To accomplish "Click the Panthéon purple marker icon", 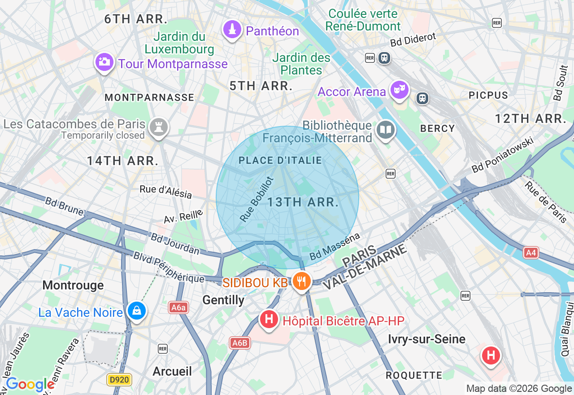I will [x=232, y=30].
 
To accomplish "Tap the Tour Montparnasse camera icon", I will [x=104, y=62].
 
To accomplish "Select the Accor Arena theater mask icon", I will [x=399, y=90].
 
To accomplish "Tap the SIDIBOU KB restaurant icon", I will [x=302, y=281].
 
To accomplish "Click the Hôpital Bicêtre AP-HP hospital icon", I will [x=269, y=319].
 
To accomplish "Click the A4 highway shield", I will [x=531, y=253].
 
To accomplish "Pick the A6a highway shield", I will [x=178, y=307].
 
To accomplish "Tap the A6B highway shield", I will [x=239, y=343].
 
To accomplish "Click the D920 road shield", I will [x=119, y=380].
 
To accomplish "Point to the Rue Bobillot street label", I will [x=257, y=199].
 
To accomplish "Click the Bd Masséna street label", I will [x=335, y=246].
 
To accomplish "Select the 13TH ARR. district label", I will [x=303, y=202].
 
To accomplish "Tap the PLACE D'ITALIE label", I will [x=280, y=161].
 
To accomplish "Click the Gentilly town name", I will [x=223, y=300].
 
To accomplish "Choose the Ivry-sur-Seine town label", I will [x=426, y=339].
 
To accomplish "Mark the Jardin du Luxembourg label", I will [x=179, y=43].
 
